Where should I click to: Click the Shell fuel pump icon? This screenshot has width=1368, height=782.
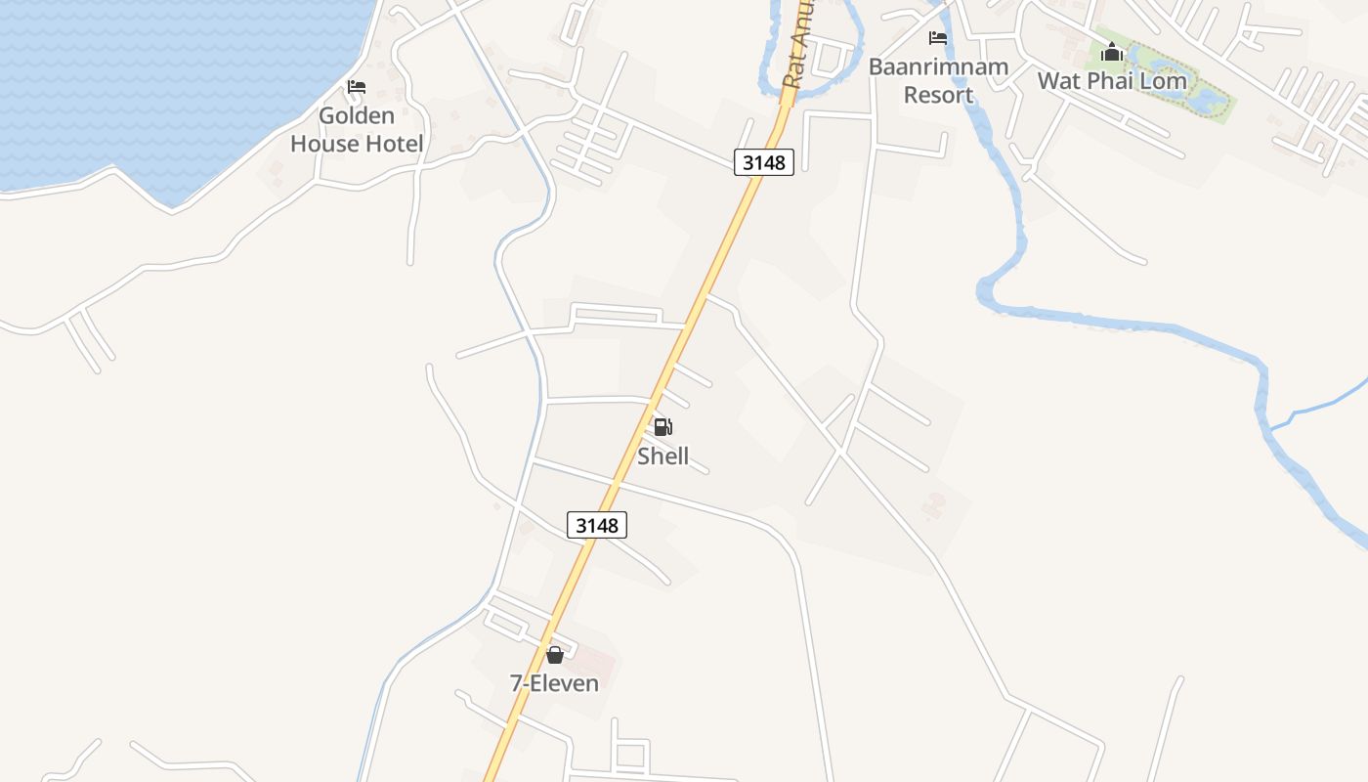tap(663, 427)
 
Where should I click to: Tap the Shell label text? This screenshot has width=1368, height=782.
tap(663, 456)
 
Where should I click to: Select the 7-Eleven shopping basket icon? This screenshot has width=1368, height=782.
tap(555, 655)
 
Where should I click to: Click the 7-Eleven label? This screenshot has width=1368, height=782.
tap(554, 683)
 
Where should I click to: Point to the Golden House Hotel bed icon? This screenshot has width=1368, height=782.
tap(357, 87)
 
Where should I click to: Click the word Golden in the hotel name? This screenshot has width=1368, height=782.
tap(357, 115)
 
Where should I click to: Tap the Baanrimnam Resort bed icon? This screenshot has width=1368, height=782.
tap(938, 38)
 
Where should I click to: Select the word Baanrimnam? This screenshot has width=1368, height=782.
tap(938, 67)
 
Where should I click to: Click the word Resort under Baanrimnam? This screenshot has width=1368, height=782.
tap(938, 95)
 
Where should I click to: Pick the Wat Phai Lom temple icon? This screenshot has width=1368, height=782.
tap(1111, 53)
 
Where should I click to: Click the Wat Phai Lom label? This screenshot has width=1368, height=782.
tap(1112, 80)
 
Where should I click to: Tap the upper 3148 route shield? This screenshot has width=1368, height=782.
tap(764, 162)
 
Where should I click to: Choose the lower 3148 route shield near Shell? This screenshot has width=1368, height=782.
tap(597, 525)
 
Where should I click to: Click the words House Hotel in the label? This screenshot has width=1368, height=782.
tap(357, 144)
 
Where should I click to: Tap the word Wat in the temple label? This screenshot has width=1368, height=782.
tap(1059, 80)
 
